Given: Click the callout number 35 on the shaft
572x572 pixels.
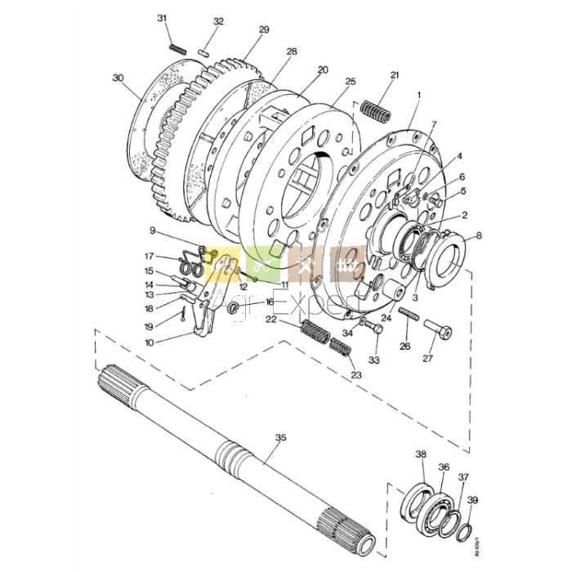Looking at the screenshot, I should [280, 438].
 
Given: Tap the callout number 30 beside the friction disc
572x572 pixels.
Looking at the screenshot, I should [118, 78].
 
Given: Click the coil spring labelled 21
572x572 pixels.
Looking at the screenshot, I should [376, 109].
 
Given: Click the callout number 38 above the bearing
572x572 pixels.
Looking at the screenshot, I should [421, 454].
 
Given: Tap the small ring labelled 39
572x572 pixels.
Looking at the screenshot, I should [464, 534].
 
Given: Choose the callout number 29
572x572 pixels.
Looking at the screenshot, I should [264, 30].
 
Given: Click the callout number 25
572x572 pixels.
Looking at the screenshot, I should [351, 82].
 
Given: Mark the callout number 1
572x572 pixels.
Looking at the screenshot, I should [418, 96].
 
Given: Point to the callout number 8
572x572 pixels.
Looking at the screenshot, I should [479, 236].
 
